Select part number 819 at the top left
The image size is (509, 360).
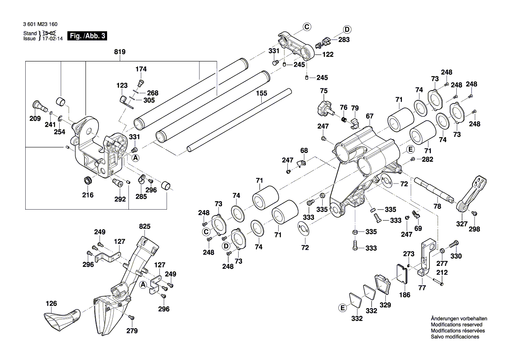tap(120, 52)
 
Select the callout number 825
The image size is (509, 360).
tap(145, 226)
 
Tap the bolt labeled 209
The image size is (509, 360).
tap(37, 105)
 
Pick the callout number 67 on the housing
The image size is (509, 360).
tap(370, 116)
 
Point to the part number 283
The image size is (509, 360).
tap(344, 40)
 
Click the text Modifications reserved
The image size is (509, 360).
tap(456, 325)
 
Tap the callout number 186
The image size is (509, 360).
tap(405, 295)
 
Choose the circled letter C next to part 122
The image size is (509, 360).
tap(307, 27)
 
